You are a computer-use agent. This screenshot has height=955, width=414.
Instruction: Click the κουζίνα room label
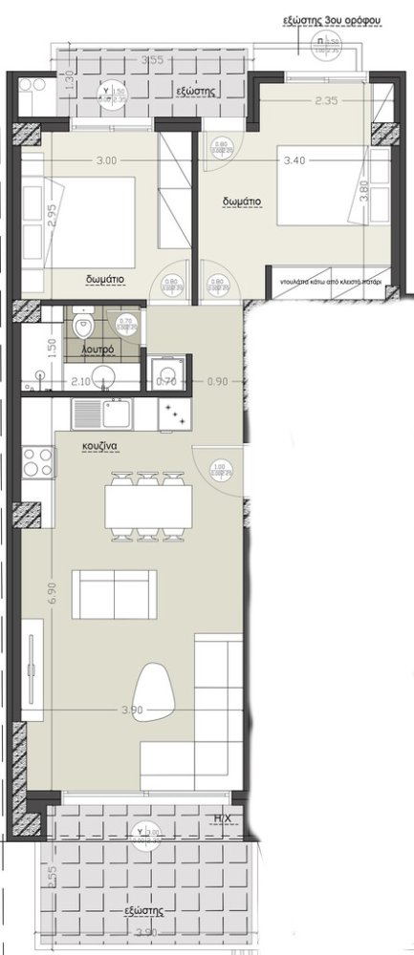pos(100,445)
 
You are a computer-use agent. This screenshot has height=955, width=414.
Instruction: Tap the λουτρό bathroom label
pos(98,350)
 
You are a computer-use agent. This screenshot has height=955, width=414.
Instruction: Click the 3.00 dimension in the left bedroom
pos(106,161)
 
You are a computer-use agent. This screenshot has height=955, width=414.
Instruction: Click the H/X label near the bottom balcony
pos(223,818)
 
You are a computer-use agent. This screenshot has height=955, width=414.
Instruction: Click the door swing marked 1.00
pos(220,469)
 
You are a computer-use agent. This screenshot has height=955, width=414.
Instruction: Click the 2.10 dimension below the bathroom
pos(80,382)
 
